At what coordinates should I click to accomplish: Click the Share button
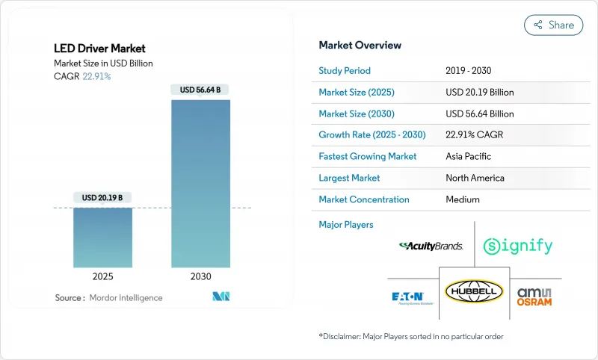click(x=553, y=25)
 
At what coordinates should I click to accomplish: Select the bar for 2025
click(x=102, y=237)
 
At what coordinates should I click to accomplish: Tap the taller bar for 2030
click(x=200, y=183)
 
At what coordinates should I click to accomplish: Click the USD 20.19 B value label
click(x=102, y=198)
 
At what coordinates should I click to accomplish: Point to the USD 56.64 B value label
click(x=200, y=90)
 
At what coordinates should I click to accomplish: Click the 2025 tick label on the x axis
click(x=102, y=276)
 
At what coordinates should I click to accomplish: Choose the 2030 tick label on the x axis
click(x=200, y=276)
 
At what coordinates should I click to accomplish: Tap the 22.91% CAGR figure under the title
click(x=96, y=76)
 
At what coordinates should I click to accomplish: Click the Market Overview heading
click(x=360, y=45)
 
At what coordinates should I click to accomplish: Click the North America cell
click(x=475, y=178)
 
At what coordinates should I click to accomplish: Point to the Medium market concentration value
click(x=462, y=199)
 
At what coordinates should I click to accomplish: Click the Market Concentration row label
click(x=363, y=199)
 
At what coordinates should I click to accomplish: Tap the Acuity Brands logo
click(x=431, y=246)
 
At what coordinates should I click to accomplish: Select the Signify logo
click(x=517, y=246)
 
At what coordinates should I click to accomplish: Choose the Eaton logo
click(x=410, y=297)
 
